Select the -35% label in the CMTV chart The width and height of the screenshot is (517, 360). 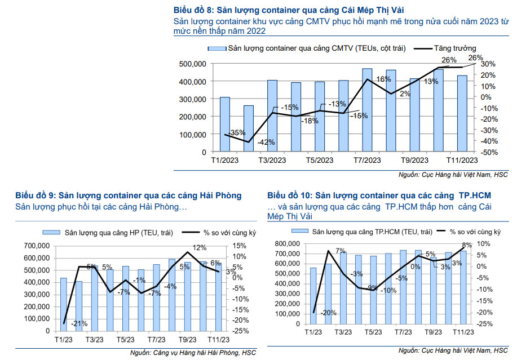(237, 133)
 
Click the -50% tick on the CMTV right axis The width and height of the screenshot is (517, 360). (488, 152)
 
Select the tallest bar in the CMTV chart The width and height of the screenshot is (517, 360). (367, 110)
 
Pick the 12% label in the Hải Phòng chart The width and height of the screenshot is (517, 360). (199, 247)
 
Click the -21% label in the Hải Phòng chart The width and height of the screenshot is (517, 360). (79, 323)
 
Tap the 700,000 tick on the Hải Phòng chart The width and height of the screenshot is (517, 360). (37, 246)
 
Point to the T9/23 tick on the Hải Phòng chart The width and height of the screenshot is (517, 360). (188, 340)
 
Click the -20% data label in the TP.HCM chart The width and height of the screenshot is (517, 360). (328, 313)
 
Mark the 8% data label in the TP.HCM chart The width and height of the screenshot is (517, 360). (466, 245)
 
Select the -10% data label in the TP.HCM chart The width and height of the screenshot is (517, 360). (388, 291)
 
